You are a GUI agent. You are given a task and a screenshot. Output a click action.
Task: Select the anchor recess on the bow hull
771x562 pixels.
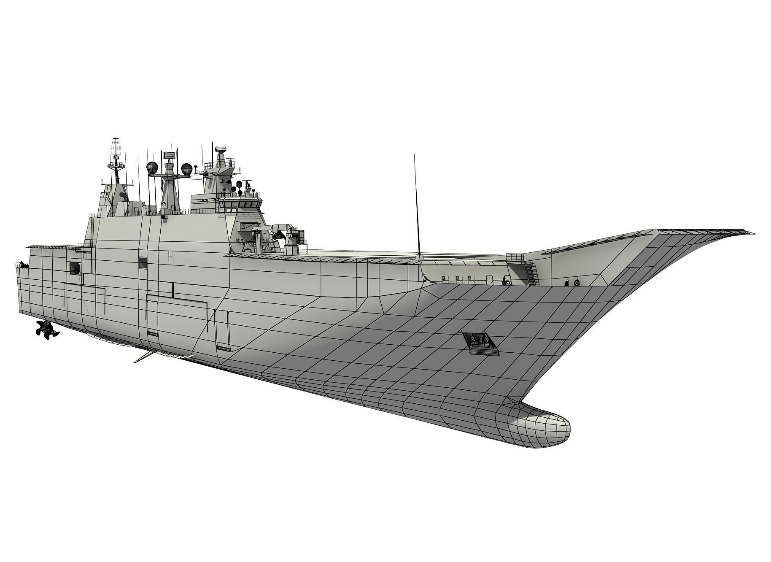[480, 340]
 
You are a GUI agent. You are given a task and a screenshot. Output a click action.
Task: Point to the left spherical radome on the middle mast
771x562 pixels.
[152, 168]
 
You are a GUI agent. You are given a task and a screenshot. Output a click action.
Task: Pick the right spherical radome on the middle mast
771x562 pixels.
[186, 169]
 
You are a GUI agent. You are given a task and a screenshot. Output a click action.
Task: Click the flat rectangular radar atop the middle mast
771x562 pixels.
[169, 155]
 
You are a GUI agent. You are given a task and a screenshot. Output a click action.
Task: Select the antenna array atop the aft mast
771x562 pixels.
[115, 148]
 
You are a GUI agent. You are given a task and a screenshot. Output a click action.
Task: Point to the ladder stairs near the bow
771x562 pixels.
[530, 274]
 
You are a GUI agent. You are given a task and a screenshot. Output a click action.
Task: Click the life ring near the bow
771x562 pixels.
[577, 282]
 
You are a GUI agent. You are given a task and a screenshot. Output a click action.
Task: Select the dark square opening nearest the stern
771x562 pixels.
[75, 267]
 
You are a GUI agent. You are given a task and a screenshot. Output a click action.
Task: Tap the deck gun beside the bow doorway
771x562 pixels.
[506, 279]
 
